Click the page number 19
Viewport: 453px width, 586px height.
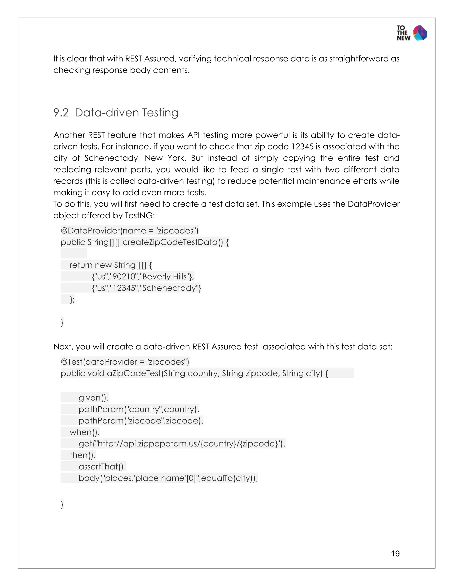click(x=395, y=553)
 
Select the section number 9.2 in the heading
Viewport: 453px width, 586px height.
click(x=61, y=113)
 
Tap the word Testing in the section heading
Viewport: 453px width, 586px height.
click(x=160, y=113)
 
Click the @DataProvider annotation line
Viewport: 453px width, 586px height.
click(x=129, y=231)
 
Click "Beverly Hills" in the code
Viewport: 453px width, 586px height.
click(x=164, y=277)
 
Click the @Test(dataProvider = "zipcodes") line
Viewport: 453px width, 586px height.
click(x=125, y=362)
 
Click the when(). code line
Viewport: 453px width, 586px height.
click(x=84, y=432)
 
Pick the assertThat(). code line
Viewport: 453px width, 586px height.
click(x=102, y=467)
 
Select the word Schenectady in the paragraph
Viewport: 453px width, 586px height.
click(x=112, y=158)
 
